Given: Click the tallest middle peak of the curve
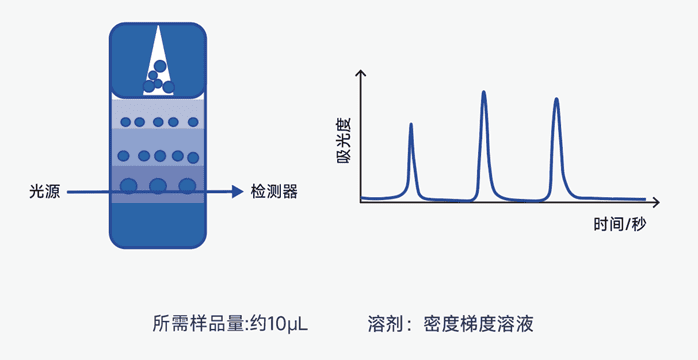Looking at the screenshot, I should pyautogui.click(x=484, y=94).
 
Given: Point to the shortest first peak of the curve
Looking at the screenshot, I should pyautogui.click(x=411, y=125).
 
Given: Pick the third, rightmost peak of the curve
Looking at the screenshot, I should pyautogui.click(x=557, y=100).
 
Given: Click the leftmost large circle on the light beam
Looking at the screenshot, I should pyautogui.click(x=129, y=185).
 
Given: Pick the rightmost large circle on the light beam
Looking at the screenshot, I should pyautogui.click(x=187, y=185).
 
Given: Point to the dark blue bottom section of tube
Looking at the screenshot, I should pyautogui.click(x=157, y=224).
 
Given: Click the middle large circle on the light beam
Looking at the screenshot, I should pyautogui.click(x=158, y=185).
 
